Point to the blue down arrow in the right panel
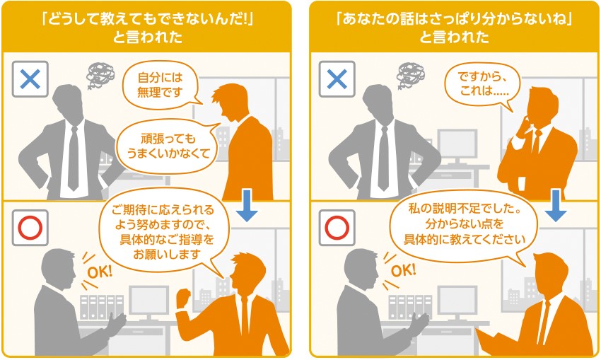pyautogui.click(x=556, y=204)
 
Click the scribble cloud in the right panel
pyautogui.click(x=411, y=73)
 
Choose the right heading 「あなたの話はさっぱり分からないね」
pyautogui.click(x=454, y=25)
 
